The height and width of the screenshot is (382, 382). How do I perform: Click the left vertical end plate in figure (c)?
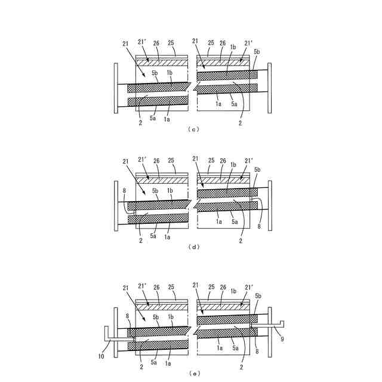pos(115,87)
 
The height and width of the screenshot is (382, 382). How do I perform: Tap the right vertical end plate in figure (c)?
pos(270,87)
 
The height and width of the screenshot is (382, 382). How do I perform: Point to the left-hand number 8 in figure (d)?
pos(124,190)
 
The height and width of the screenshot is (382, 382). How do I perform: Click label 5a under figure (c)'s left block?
pos(154,119)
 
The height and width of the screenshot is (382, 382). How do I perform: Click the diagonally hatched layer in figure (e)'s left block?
pos(162,307)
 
